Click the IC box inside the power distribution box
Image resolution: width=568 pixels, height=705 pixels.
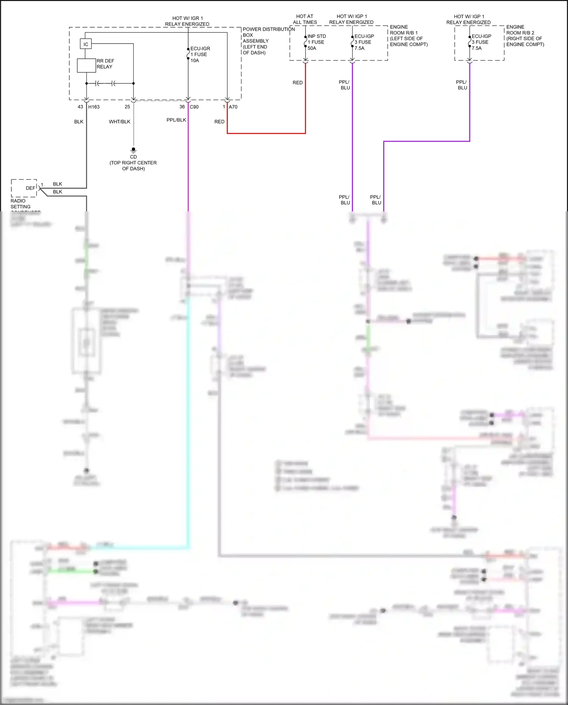(86, 44)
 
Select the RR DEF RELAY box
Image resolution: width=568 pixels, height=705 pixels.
(86, 66)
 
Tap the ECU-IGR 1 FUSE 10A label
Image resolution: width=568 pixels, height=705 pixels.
(200, 55)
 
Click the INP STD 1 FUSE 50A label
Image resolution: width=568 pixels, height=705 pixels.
(316, 42)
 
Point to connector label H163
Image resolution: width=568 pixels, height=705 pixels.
(94, 107)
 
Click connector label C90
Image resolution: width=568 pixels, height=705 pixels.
(194, 107)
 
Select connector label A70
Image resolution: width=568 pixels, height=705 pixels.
(233, 107)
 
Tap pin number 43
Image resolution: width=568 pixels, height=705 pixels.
(80, 107)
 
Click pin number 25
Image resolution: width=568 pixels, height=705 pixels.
(127, 107)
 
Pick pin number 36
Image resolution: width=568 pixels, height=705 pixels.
(182, 107)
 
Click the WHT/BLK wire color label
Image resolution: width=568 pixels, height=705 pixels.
(119, 122)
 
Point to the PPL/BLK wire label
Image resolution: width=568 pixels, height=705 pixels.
(176, 120)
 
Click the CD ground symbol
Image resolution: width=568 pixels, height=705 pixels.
(133, 150)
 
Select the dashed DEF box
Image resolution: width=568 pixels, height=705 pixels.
(24, 188)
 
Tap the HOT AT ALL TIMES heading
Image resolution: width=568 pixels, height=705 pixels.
(305, 19)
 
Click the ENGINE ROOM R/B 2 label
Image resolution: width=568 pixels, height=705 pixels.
(525, 36)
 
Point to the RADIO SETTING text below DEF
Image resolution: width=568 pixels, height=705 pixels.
(20, 204)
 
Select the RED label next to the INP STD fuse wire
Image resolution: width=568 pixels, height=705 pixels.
(298, 83)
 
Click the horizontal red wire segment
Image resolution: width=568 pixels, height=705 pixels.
(266, 133)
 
